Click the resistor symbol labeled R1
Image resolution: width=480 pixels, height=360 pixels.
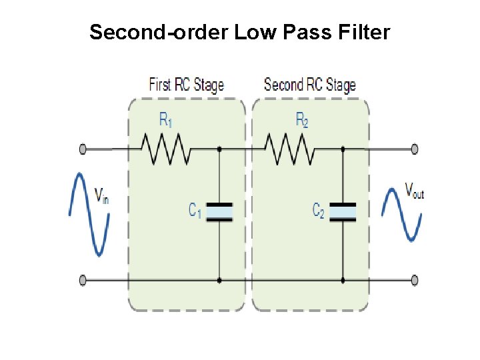(x=165, y=149)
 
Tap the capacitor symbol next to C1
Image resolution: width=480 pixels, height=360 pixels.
(x=219, y=211)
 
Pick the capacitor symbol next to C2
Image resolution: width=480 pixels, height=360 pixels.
(x=343, y=211)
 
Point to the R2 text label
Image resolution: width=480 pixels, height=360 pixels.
(x=302, y=120)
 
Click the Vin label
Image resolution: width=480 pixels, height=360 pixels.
(x=101, y=195)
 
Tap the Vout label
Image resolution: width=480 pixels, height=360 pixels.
(x=415, y=191)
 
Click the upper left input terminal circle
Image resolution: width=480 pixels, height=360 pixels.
(x=83, y=149)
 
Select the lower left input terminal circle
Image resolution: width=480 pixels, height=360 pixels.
(x=83, y=281)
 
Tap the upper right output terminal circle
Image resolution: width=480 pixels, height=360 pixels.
(x=415, y=149)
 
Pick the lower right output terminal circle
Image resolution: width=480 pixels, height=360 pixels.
(x=415, y=281)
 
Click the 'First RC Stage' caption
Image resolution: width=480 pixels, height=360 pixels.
(x=186, y=85)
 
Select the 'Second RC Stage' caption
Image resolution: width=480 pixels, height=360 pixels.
(x=309, y=85)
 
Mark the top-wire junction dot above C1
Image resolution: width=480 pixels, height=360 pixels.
(x=219, y=149)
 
